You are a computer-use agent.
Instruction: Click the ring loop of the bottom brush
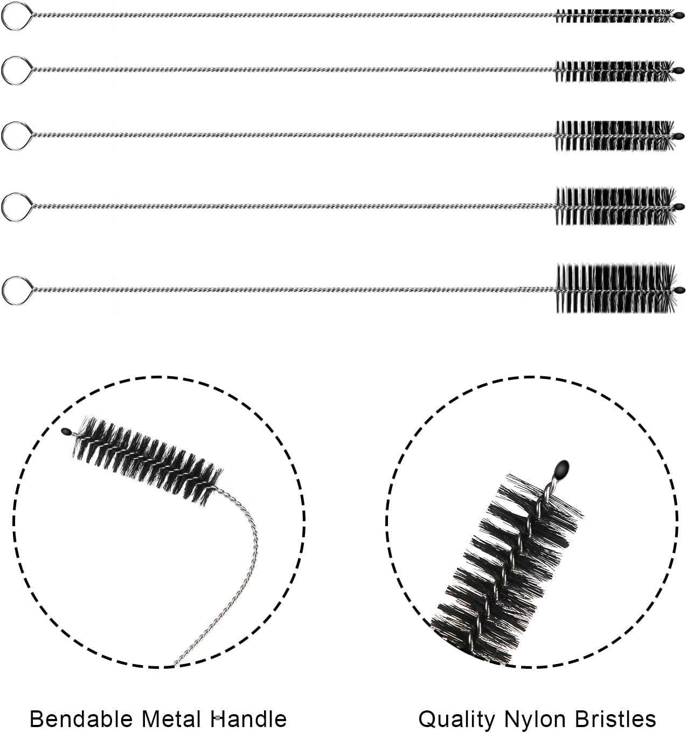point(12,290)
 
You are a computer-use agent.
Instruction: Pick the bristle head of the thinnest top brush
point(613,16)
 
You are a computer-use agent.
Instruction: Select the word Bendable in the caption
point(80,719)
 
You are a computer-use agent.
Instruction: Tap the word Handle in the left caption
point(248,718)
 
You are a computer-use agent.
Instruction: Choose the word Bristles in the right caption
point(616,718)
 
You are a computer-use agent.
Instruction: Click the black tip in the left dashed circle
point(66,431)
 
